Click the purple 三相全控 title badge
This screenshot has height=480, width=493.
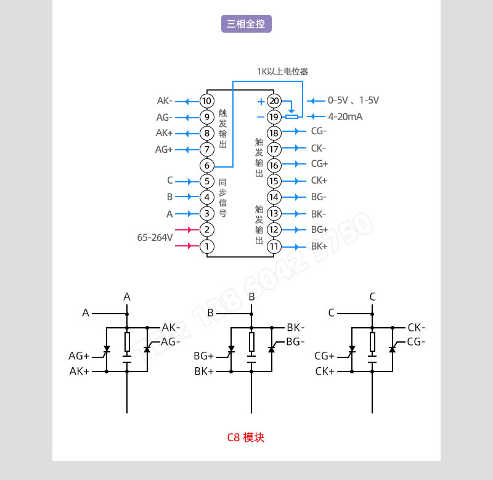246,24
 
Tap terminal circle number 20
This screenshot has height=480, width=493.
274,101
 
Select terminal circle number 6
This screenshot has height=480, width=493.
207,166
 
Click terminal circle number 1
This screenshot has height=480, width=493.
207,246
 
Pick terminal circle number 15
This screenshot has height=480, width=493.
274,181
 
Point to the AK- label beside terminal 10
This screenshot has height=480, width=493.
165,100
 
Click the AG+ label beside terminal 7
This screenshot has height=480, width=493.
164,149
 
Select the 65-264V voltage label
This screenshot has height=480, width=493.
155,237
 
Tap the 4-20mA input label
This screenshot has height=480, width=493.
345,116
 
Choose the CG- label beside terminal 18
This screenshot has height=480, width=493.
319,131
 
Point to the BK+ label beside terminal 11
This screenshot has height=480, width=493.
319,246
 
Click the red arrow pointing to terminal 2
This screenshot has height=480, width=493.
184,230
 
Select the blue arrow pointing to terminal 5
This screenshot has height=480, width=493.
184,181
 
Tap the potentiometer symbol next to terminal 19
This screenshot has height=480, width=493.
292,116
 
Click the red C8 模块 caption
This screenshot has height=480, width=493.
246,437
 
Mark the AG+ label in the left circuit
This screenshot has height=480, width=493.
79,356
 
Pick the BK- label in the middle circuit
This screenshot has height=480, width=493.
296,327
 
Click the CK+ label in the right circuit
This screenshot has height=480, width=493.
325,372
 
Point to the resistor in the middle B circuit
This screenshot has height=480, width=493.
251,342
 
